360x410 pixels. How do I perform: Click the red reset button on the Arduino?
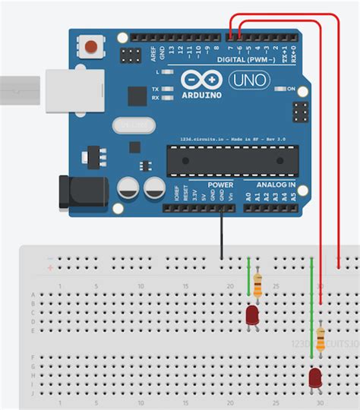click(x=93, y=47)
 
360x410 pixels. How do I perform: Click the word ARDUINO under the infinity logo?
click(x=201, y=96)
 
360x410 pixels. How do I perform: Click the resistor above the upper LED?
click(x=258, y=286)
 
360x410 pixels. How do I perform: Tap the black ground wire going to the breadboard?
click(x=222, y=235)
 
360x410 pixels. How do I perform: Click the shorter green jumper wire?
click(x=248, y=277)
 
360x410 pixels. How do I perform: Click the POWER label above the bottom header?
click(x=220, y=184)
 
